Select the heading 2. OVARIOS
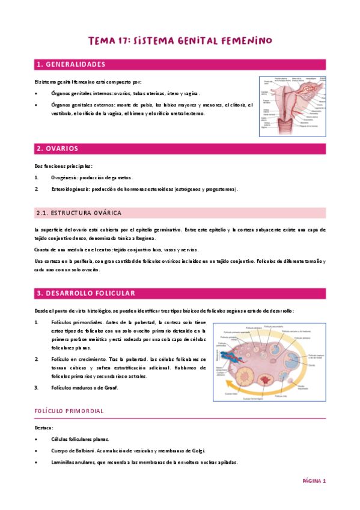[x=57, y=148]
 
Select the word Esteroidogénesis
[x=70, y=189]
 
